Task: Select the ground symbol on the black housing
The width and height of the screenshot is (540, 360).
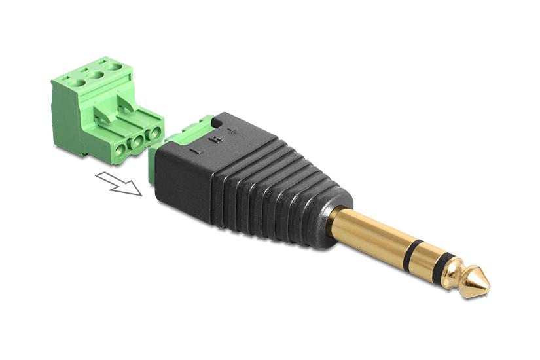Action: click(x=230, y=132)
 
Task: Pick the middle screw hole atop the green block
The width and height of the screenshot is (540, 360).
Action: click(x=96, y=75)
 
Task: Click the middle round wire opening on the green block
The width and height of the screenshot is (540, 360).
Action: click(x=137, y=142)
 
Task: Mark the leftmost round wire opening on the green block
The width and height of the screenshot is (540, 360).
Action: click(x=119, y=152)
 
